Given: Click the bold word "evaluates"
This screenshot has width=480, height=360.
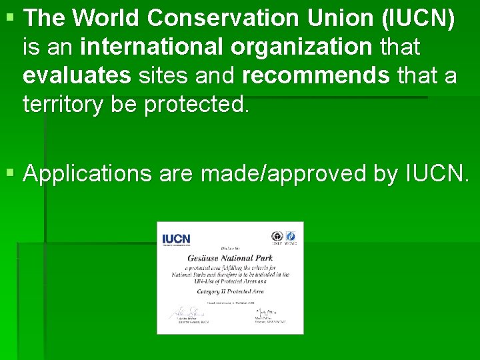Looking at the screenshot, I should click(x=77, y=76).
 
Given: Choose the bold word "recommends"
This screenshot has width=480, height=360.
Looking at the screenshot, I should click(x=316, y=76).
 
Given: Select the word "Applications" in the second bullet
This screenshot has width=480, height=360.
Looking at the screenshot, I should click(x=87, y=173).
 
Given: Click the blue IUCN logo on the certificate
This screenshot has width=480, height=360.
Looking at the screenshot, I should click(x=176, y=239).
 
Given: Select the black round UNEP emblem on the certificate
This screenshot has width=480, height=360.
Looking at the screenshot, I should click(x=277, y=237).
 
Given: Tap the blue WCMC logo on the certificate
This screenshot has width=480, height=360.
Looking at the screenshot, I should click(x=291, y=237).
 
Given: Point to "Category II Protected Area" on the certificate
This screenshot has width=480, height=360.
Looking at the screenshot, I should click(x=230, y=291).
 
